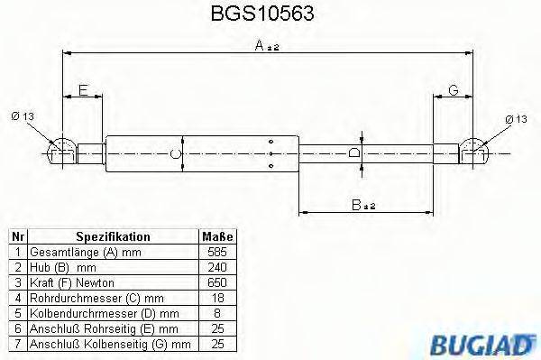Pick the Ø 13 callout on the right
tap(516, 119)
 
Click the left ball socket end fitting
tap(60, 150)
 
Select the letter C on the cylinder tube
tap(177, 152)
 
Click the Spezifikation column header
tap(113, 236)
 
